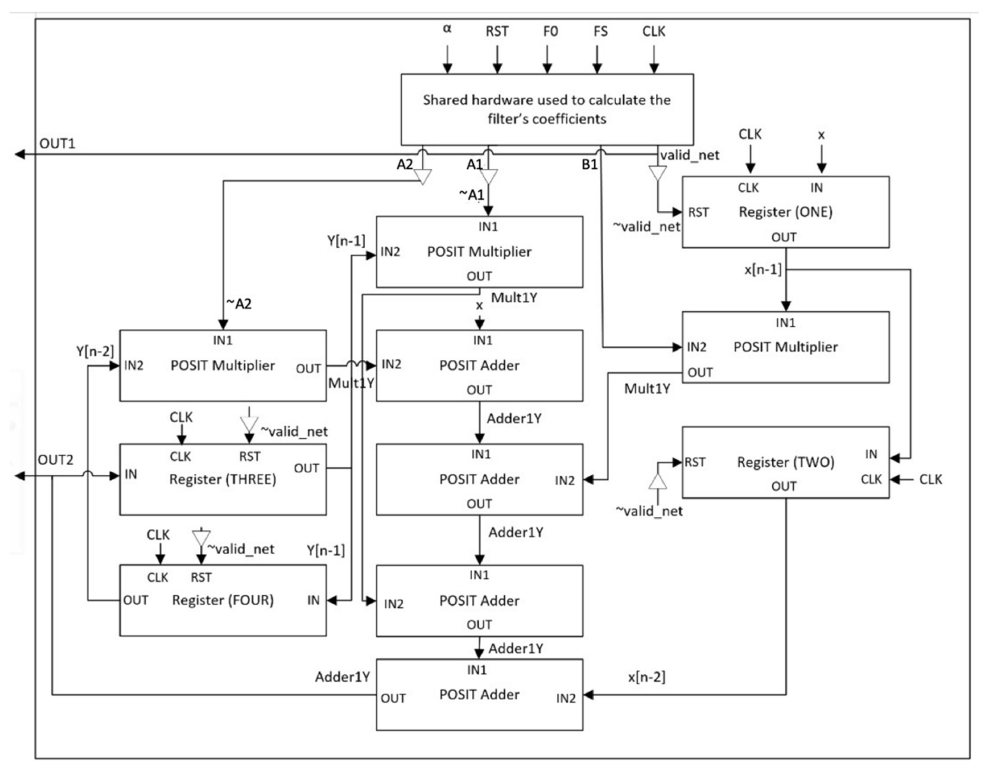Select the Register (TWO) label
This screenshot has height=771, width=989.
[785, 462]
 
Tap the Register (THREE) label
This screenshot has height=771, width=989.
[222, 479]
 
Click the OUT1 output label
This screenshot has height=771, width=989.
[57, 144]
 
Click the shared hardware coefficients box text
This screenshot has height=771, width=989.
[546, 109]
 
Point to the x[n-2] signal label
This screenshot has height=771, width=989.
[646, 677]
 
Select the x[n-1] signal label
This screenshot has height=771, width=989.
[763, 270]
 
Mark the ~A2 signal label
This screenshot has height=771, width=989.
[239, 304]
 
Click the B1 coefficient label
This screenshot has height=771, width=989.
[589, 164]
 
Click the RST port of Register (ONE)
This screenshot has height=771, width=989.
[698, 212]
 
